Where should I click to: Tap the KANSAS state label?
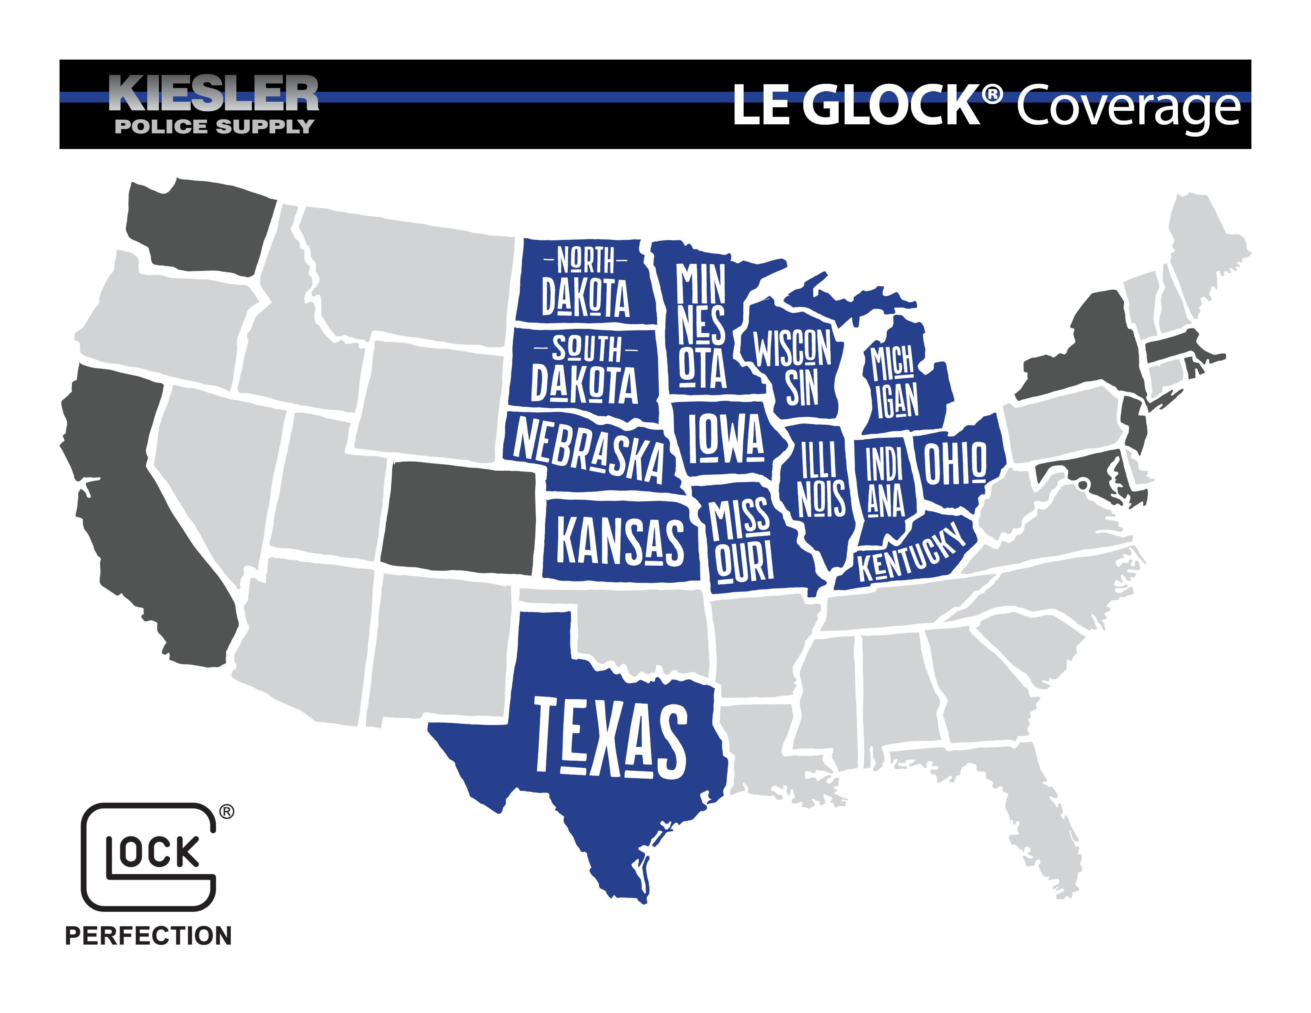[x=620, y=541]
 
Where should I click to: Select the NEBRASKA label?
[x=588, y=449]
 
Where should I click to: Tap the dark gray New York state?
[x=1092, y=354]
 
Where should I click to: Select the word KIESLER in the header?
[x=214, y=94]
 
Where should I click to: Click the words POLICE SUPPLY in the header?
[x=214, y=127]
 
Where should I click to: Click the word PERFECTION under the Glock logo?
[x=148, y=936]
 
